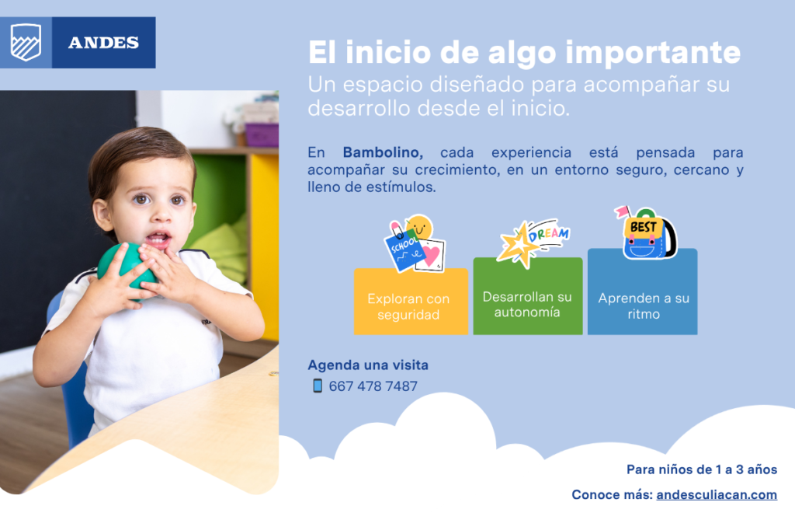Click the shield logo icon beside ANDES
point(26,42)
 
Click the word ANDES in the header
point(103,43)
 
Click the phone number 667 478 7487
point(373,386)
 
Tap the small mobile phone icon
point(317,386)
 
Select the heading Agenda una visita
point(368,365)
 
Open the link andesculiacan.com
point(717,494)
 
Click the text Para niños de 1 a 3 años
point(701,469)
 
